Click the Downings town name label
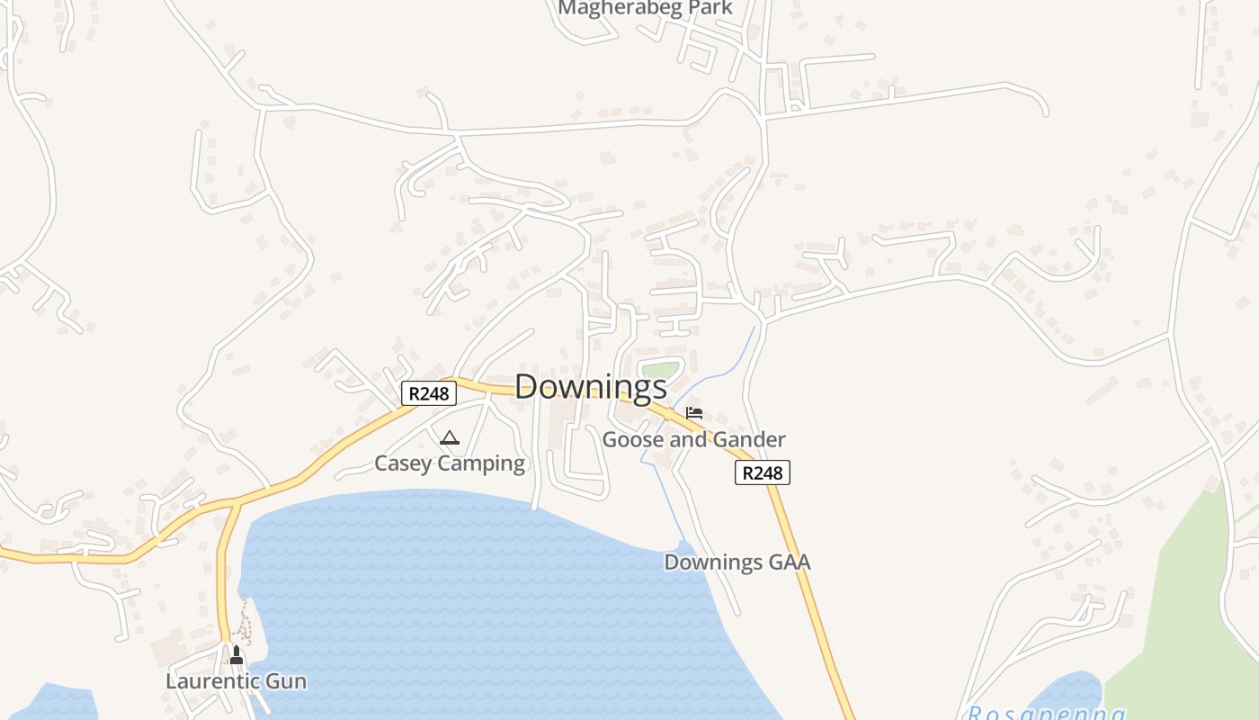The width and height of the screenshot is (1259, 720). [591, 387]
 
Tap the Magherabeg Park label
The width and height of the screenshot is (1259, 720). [645, 8]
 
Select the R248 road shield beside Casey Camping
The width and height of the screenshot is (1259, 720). [428, 393]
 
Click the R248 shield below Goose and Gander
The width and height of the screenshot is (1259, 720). [762, 472]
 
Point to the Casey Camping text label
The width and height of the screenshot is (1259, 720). [449, 463]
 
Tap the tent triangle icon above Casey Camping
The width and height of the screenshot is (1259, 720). [450, 438]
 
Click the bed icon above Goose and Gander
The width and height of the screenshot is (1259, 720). [694, 413]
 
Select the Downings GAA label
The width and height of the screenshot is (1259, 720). [737, 562]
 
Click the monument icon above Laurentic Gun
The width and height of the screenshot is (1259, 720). [237, 655]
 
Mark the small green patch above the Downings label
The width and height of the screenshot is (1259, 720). [661, 370]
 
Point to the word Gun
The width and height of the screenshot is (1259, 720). [287, 681]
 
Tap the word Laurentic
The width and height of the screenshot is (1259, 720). [213, 681]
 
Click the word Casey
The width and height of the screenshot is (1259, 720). [403, 463]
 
